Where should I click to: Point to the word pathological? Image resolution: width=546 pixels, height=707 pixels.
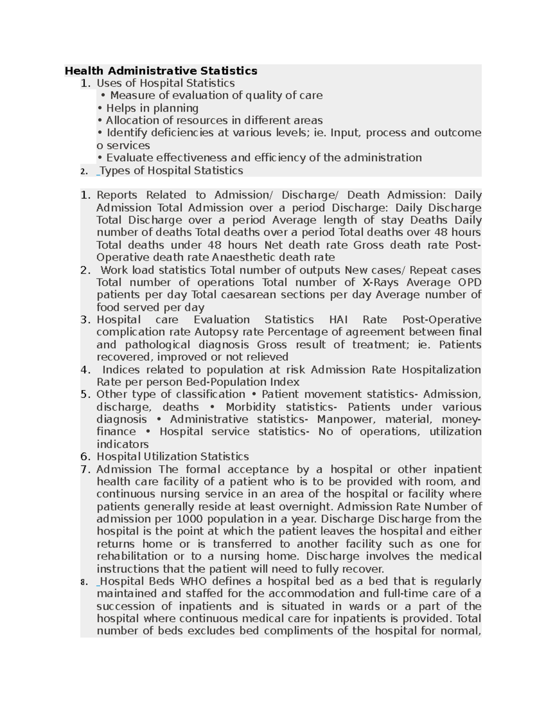coord(157,345)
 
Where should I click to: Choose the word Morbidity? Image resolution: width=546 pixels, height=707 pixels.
coord(251,407)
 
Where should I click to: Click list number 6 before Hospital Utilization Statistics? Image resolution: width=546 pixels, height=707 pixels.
coord(85,457)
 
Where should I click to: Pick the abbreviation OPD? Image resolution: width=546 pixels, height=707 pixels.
coord(470,282)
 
